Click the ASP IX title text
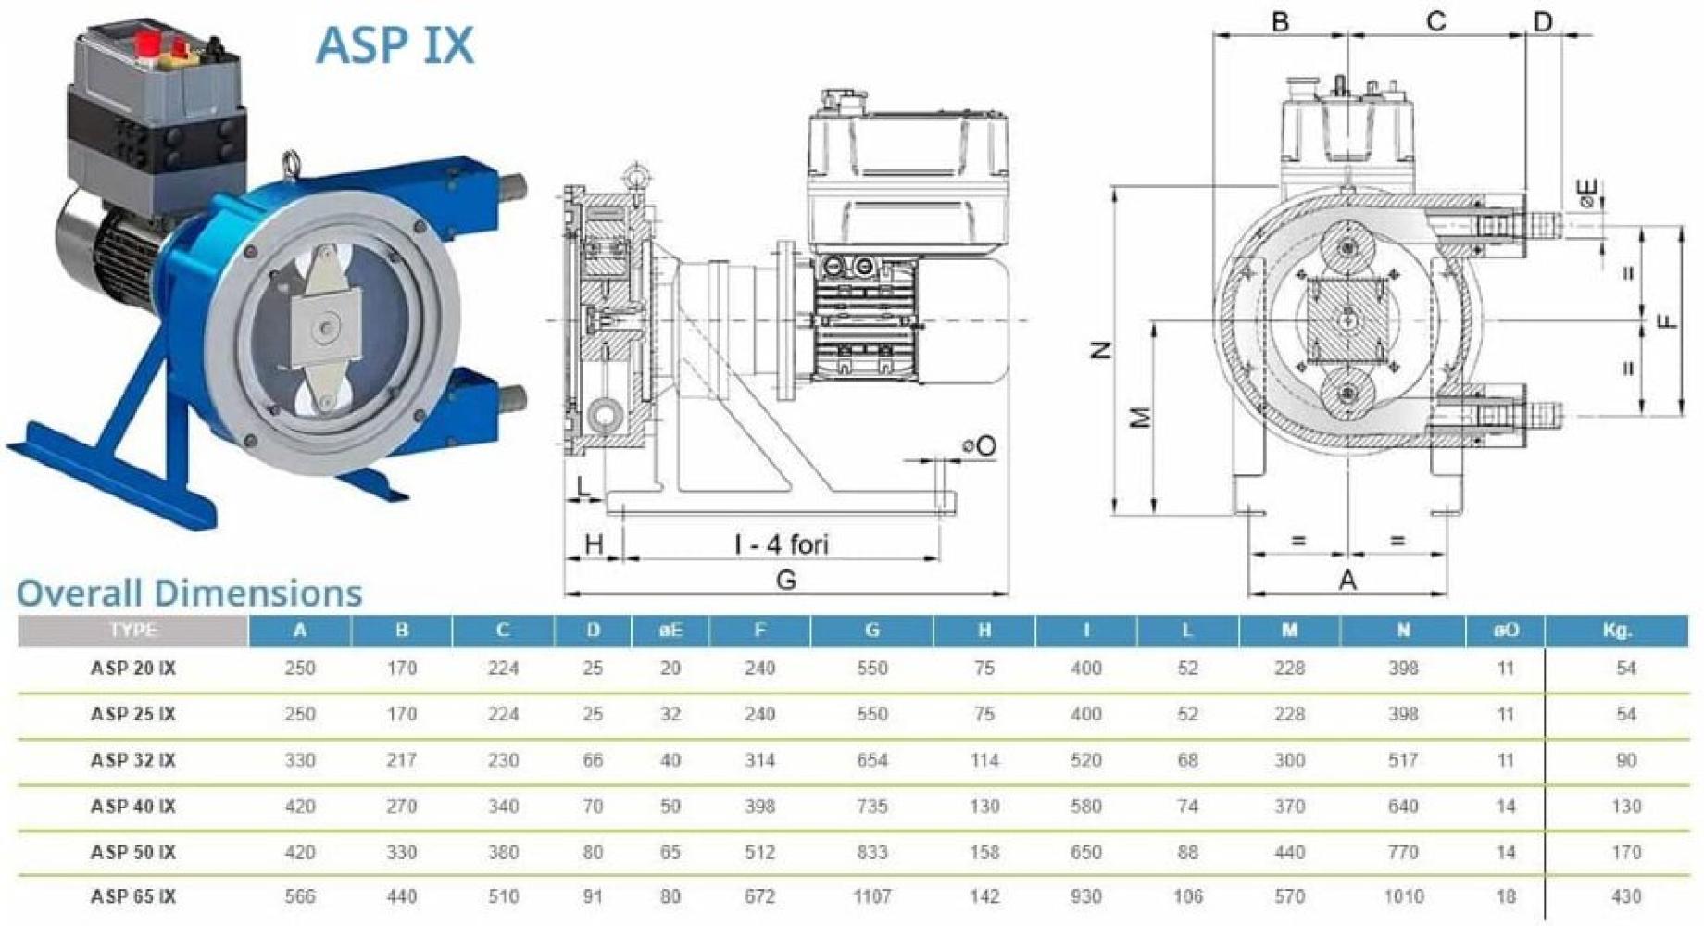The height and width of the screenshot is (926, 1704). (395, 44)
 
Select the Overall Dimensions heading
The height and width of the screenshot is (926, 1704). (189, 593)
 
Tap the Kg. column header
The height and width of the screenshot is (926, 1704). (1617, 631)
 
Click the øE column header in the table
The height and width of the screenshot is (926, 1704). (670, 631)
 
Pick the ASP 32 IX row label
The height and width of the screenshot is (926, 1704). (133, 760)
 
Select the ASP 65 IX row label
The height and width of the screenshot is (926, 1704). (133, 896)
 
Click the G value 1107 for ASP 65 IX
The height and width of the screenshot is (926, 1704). (872, 896)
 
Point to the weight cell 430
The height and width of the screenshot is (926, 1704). (1626, 896)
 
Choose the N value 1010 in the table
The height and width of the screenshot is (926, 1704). (1403, 896)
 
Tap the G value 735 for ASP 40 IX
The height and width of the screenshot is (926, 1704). (872, 807)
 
